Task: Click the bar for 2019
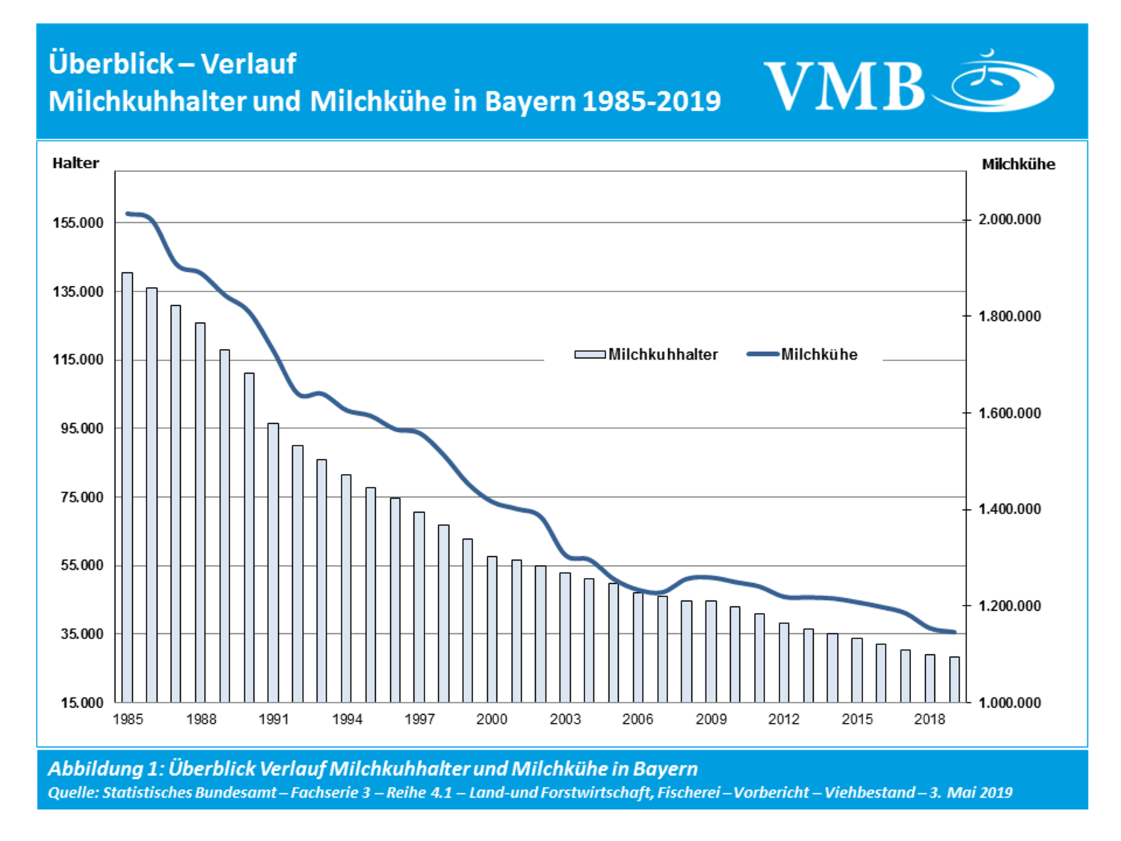954,680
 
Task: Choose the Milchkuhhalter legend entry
646,354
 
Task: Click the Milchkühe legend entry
803,354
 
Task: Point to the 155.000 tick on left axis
78,223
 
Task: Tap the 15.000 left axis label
82,703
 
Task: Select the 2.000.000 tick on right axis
1010,220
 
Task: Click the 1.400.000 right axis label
1010,509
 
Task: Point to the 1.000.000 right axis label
1010,703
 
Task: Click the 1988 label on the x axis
201,719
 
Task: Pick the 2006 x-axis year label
637,719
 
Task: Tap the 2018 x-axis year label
930,719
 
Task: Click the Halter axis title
75,163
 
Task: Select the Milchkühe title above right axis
1018,164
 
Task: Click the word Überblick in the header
111,64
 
